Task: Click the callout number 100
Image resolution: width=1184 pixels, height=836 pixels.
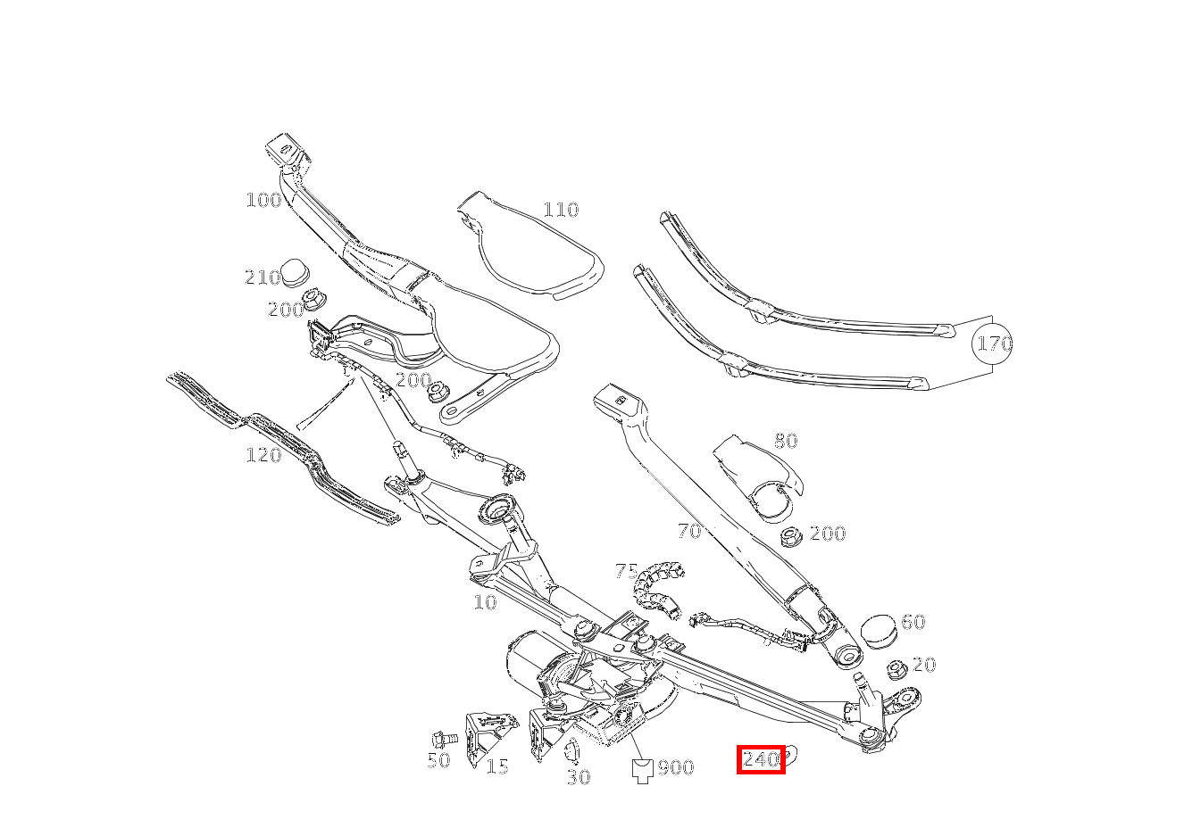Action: coord(263,200)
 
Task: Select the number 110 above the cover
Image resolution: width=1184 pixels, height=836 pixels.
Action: coord(561,211)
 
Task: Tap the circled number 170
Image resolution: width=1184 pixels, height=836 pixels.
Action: coord(994,344)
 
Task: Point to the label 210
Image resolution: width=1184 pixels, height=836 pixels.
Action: coord(263,278)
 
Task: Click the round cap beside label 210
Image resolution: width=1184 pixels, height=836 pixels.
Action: coord(296,271)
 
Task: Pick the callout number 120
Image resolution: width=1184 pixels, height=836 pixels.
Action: coord(263,456)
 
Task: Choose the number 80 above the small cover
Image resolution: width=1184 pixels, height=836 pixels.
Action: coord(786,441)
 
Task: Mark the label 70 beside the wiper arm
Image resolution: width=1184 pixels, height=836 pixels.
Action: coord(689,532)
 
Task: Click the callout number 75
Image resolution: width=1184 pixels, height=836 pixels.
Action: coord(627,571)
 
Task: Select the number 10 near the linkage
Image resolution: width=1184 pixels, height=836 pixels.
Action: coord(485,603)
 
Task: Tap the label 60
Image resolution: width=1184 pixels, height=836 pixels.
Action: coord(913,622)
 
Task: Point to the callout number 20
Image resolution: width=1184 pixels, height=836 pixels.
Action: coord(924,665)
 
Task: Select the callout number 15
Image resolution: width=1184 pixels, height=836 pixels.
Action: coord(497,766)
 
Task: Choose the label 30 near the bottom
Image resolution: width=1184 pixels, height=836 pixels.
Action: coord(579,778)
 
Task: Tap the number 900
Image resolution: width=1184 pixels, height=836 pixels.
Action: coord(676,768)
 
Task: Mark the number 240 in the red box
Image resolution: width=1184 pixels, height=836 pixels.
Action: coord(760,760)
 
